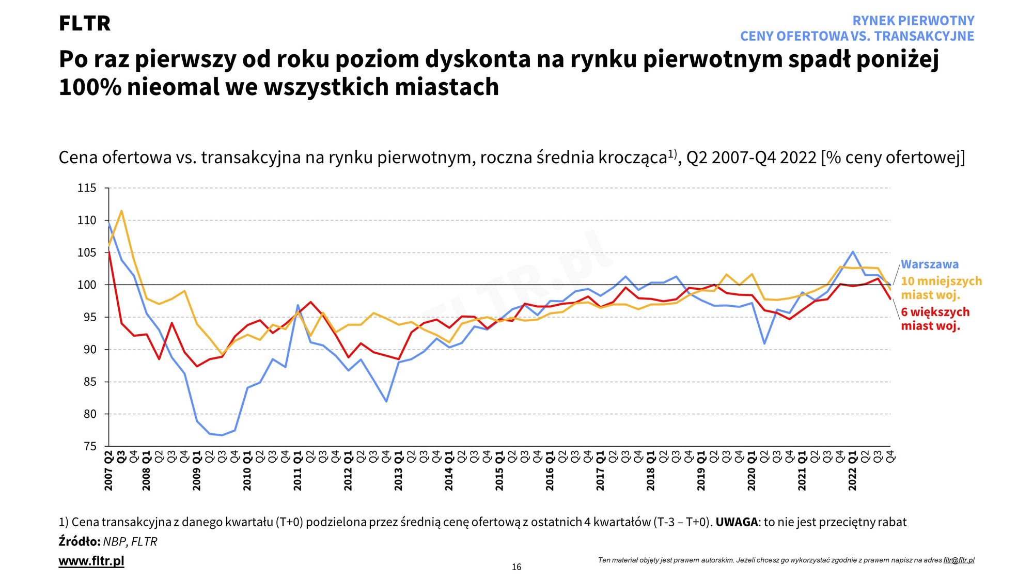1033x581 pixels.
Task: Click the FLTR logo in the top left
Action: (84, 24)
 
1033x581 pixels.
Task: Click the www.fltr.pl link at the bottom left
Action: (91, 561)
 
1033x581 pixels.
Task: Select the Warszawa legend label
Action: (930, 264)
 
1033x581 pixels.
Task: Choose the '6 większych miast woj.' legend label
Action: (935, 319)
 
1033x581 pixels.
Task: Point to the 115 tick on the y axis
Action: (87, 188)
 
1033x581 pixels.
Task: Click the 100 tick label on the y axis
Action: (87, 285)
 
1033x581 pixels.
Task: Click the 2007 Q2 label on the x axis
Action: (108, 471)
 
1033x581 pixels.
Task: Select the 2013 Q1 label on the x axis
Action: (398, 471)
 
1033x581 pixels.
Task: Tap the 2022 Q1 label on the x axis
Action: (852, 471)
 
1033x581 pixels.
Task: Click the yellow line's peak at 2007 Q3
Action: (121, 211)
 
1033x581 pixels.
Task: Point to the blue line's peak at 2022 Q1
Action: (852, 252)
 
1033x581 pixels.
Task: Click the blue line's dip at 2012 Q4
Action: (386, 401)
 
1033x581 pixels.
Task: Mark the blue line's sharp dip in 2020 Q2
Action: (764, 343)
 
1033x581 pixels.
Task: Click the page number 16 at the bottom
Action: (516, 567)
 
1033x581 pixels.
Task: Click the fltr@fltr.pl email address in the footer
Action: (959, 560)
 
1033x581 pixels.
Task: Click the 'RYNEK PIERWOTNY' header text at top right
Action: (913, 21)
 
